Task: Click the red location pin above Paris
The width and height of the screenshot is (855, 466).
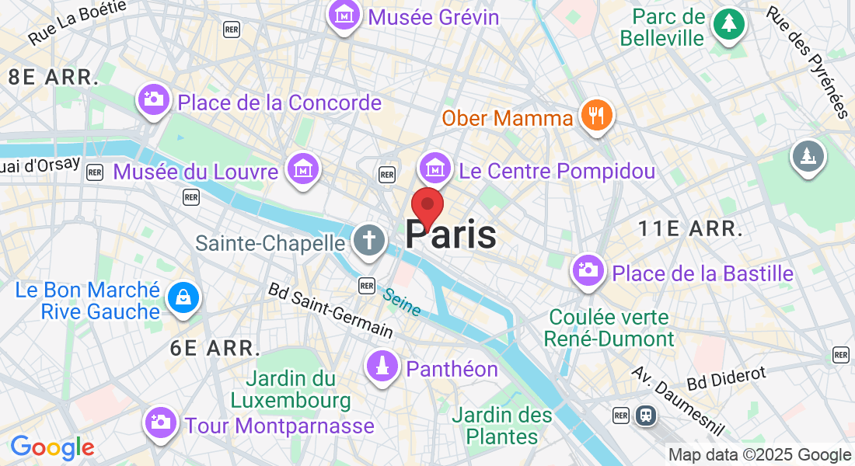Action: point(427,206)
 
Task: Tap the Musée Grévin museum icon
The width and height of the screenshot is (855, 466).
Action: point(343,15)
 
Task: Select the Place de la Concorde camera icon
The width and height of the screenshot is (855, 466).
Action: point(154,99)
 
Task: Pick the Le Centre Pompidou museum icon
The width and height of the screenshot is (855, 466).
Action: point(435,167)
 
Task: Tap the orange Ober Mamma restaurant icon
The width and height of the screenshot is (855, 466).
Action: point(597,116)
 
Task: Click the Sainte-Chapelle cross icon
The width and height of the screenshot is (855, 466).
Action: point(368,240)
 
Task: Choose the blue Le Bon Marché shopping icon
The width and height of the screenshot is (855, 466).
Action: point(183,297)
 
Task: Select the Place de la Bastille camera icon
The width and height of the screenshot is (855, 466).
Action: point(588,270)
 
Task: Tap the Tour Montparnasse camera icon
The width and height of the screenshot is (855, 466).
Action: point(161,423)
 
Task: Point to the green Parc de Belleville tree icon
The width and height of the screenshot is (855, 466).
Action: point(729,24)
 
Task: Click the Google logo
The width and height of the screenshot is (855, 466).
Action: point(52,447)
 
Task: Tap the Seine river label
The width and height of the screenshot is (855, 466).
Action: point(401,302)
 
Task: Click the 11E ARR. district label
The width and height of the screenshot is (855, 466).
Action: point(690,228)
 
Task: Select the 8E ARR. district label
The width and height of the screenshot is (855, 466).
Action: point(53,77)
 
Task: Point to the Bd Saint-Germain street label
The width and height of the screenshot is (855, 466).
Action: point(330,309)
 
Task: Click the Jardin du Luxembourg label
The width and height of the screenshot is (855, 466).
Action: point(291,390)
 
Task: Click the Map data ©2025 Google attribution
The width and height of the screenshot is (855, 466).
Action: point(760,455)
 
